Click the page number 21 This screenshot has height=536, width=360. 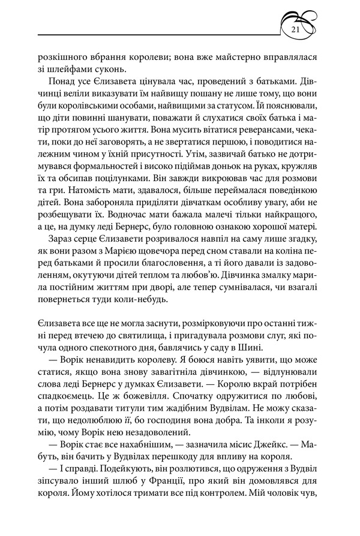[295, 31]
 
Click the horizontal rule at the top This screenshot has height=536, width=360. [156, 34]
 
